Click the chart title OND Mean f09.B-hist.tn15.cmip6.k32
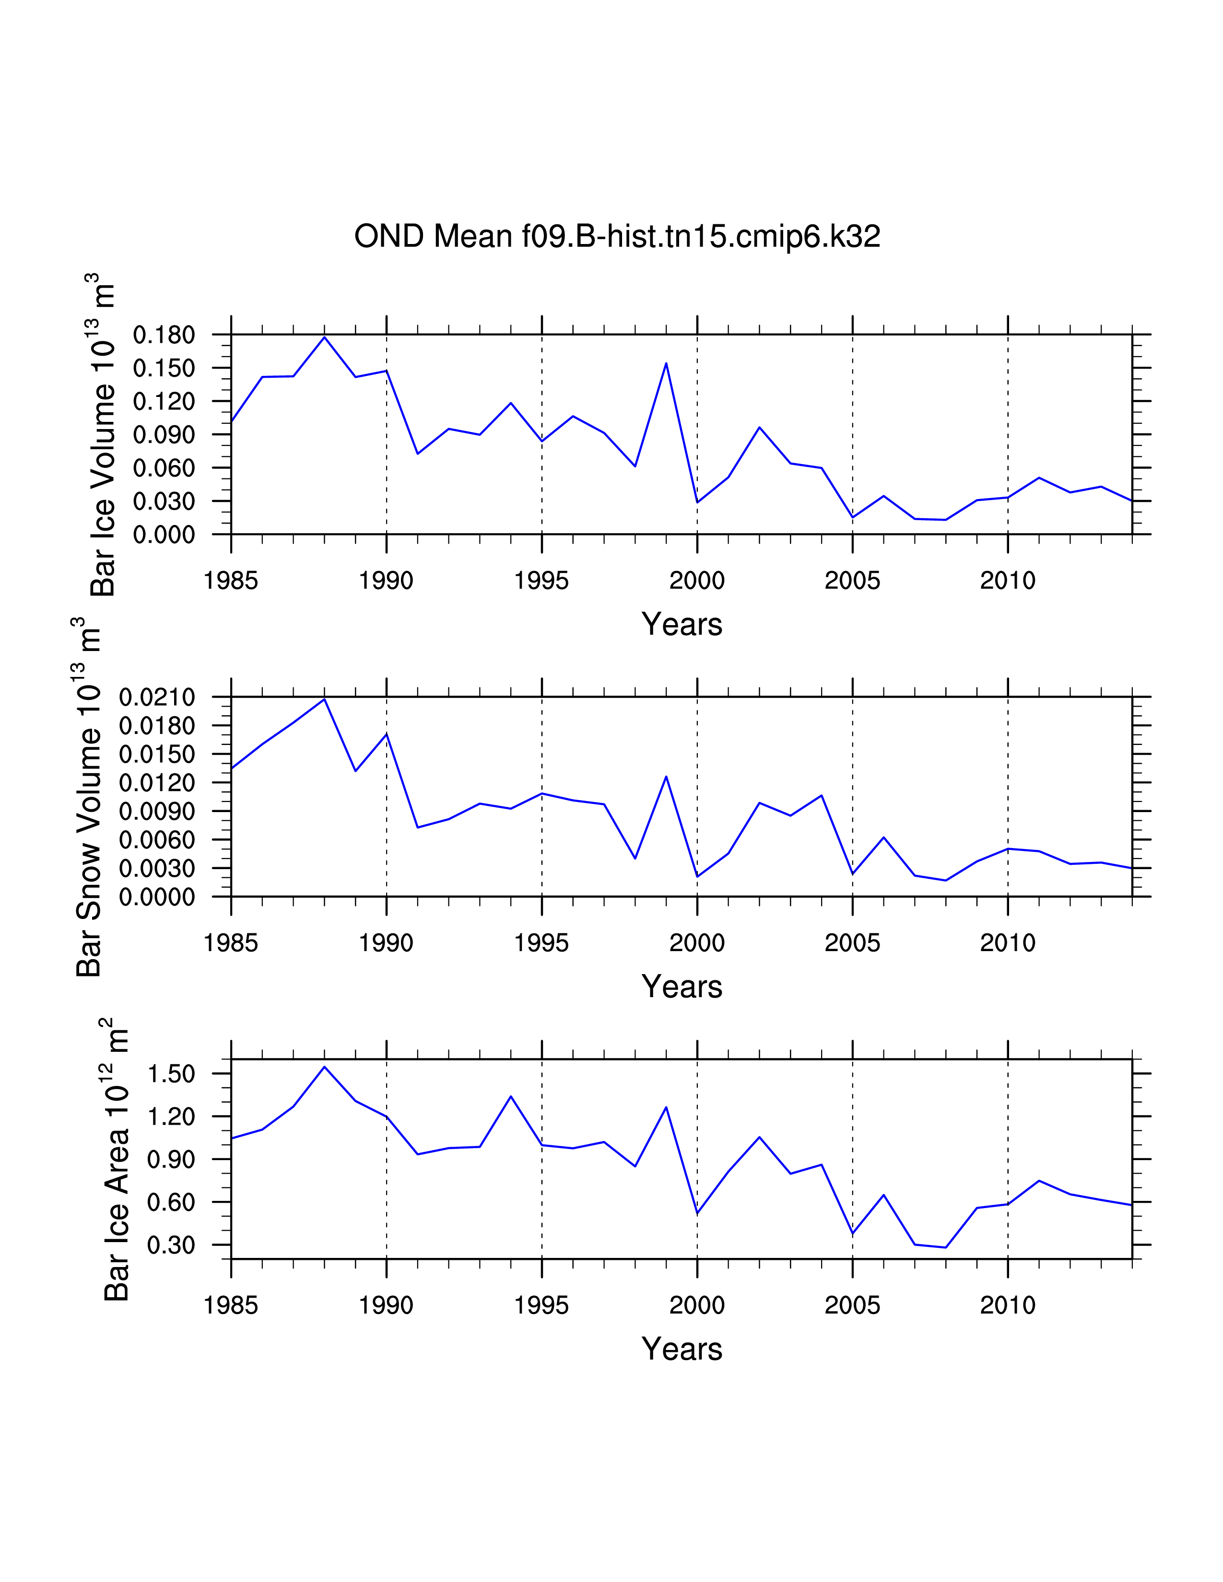tap(617, 236)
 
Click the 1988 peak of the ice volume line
tap(325, 337)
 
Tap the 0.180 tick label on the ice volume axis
tap(164, 336)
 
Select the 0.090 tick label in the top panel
tap(164, 435)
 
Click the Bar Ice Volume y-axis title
tap(103, 435)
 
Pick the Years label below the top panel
tap(682, 624)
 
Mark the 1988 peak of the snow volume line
tap(325, 699)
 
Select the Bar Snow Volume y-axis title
tap(88, 797)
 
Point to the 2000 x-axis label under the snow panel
tap(697, 942)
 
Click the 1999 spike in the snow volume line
tap(666, 777)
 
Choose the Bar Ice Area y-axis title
tap(116, 1159)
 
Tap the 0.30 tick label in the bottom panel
tap(171, 1245)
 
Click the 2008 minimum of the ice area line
tap(945, 1247)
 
